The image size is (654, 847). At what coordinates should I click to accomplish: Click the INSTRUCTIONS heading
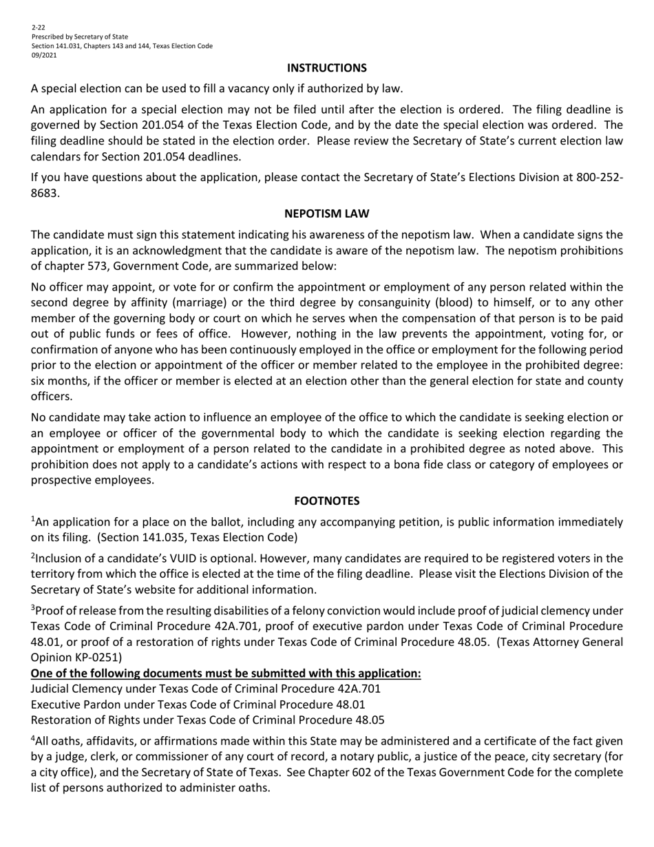point(326,67)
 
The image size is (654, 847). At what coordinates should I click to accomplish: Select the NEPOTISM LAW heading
point(326,213)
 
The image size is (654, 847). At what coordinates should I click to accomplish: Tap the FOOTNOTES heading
point(326,501)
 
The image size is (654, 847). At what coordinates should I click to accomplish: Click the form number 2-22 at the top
point(38,28)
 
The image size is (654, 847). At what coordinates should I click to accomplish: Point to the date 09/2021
point(44,55)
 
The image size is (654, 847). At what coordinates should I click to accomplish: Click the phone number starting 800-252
point(599,177)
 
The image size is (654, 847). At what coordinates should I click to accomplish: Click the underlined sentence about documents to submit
point(226,673)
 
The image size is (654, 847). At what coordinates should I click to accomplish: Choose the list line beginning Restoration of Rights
point(207,720)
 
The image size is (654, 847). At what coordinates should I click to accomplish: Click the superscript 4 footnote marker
point(33,738)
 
